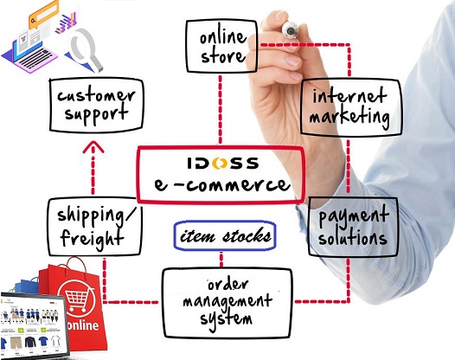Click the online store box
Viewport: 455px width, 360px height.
tap(221, 47)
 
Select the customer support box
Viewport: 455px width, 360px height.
tap(94, 105)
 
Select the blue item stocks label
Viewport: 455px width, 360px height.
tap(225, 235)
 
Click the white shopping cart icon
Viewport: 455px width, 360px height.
tap(79, 298)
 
